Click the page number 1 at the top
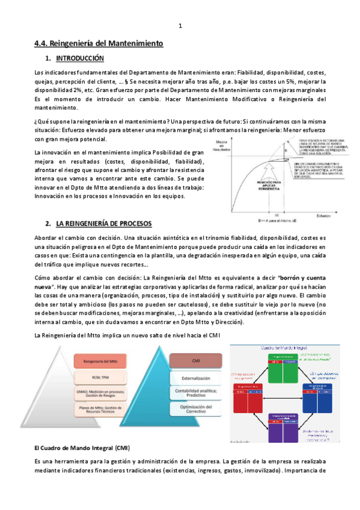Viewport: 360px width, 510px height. pos(180,26)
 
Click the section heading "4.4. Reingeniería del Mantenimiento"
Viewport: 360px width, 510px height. pos(98,44)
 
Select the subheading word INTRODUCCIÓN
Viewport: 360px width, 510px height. pos(79,58)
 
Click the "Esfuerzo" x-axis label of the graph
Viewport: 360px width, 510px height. pos(315,215)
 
